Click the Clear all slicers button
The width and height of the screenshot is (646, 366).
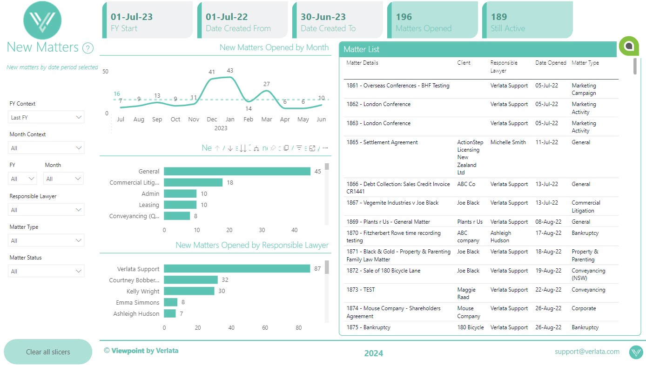click(48, 352)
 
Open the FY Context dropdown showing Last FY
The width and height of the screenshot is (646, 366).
click(46, 118)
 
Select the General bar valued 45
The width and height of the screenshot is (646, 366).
click(237, 171)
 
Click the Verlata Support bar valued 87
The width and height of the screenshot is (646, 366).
click(237, 269)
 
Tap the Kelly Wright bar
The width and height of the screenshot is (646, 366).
click(189, 291)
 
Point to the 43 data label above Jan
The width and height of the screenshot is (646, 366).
click(229, 71)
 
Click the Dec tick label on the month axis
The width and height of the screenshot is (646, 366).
click(212, 120)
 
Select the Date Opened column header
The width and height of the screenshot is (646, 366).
click(551, 63)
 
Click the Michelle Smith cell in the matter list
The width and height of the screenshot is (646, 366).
click(508, 142)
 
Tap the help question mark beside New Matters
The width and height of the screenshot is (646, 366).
click(87, 48)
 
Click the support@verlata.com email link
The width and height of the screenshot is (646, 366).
click(587, 352)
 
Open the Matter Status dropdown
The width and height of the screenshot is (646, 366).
click(46, 271)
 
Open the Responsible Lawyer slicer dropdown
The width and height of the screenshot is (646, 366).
click(46, 210)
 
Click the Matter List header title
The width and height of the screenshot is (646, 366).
click(361, 49)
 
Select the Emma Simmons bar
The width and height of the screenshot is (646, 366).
click(170, 302)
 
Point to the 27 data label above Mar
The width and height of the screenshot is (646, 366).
click(266, 84)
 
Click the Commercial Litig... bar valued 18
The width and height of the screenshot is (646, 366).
click(193, 182)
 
